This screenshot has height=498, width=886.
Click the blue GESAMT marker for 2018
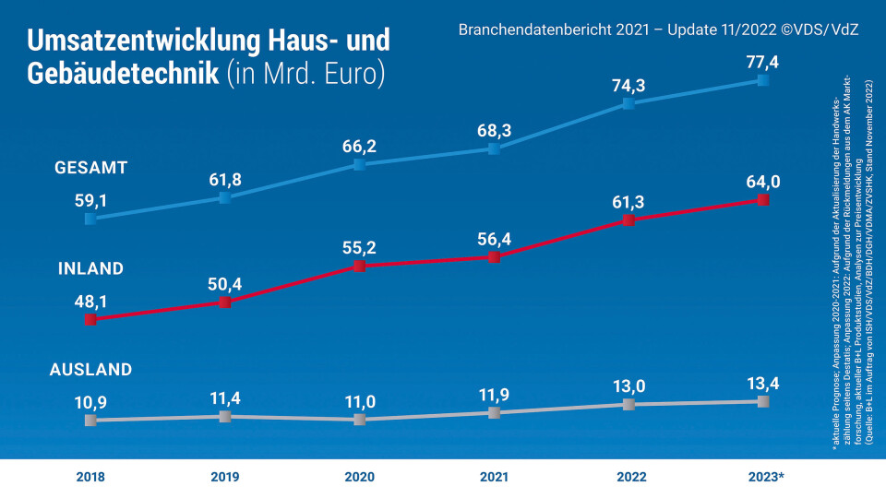point(90,219)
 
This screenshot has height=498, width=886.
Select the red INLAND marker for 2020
point(360,266)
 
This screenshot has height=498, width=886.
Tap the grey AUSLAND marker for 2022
point(629,405)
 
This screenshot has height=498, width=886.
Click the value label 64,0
point(762,181)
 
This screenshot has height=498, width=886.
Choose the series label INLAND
point(90,269)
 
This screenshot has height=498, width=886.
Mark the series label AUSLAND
point(90,370)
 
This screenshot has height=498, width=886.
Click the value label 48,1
point(90,301)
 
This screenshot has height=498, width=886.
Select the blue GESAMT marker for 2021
point(494,148)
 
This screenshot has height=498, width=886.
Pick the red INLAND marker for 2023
point(762,200)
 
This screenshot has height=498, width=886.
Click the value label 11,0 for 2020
point(360,401)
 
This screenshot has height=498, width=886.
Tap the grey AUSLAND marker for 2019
point(224,417)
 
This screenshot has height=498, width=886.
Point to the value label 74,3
point(629,85)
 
